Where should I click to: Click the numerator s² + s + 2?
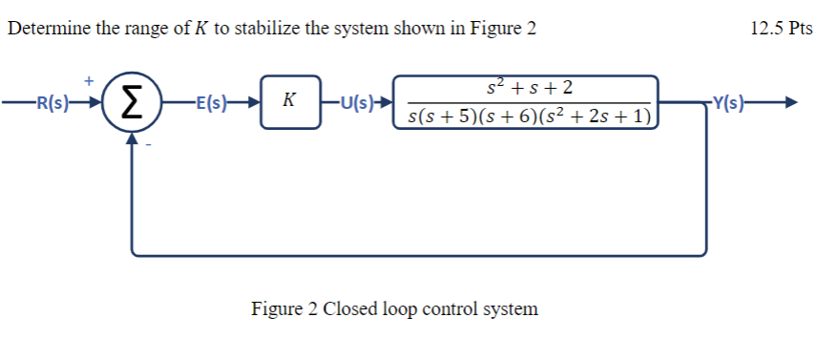pos(530,89)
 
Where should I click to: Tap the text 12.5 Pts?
pos(781,29)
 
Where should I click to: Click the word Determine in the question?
pos(46,29)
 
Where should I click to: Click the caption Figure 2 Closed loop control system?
pos(394,309)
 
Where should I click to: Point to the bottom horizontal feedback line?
pos(420,255)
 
